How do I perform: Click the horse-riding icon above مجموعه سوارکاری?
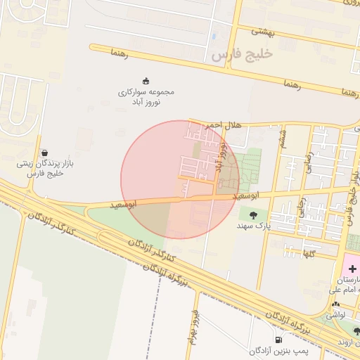coord(146,80)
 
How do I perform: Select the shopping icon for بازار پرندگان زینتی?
coord(45,152)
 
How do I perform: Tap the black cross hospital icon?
coord(352,269)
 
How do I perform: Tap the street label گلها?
coord(308,252)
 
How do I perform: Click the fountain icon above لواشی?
coord(335,305)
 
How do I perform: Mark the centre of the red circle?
coord(180,179)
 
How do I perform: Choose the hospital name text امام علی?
coord(345,288)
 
